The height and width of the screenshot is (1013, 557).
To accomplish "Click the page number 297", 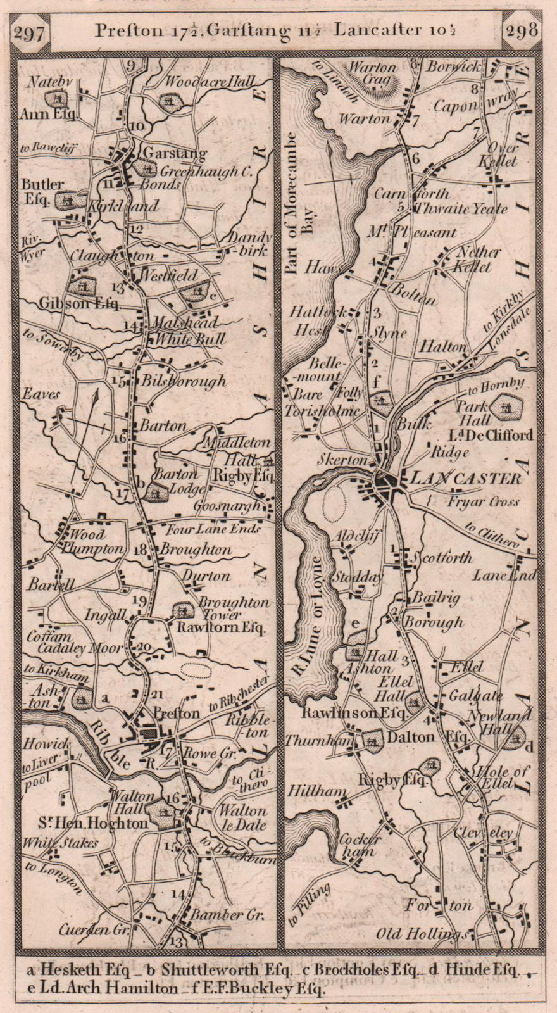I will pyautogui.click(x=30, y=33).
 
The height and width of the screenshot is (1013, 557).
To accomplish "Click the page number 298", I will pyautogui.click(x=523, y=30).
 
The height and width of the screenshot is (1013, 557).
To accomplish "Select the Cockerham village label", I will pyautogui.click(x=359, y=846).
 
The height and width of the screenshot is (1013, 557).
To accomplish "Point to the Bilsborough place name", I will pyautogui.click(x=184, y=381).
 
